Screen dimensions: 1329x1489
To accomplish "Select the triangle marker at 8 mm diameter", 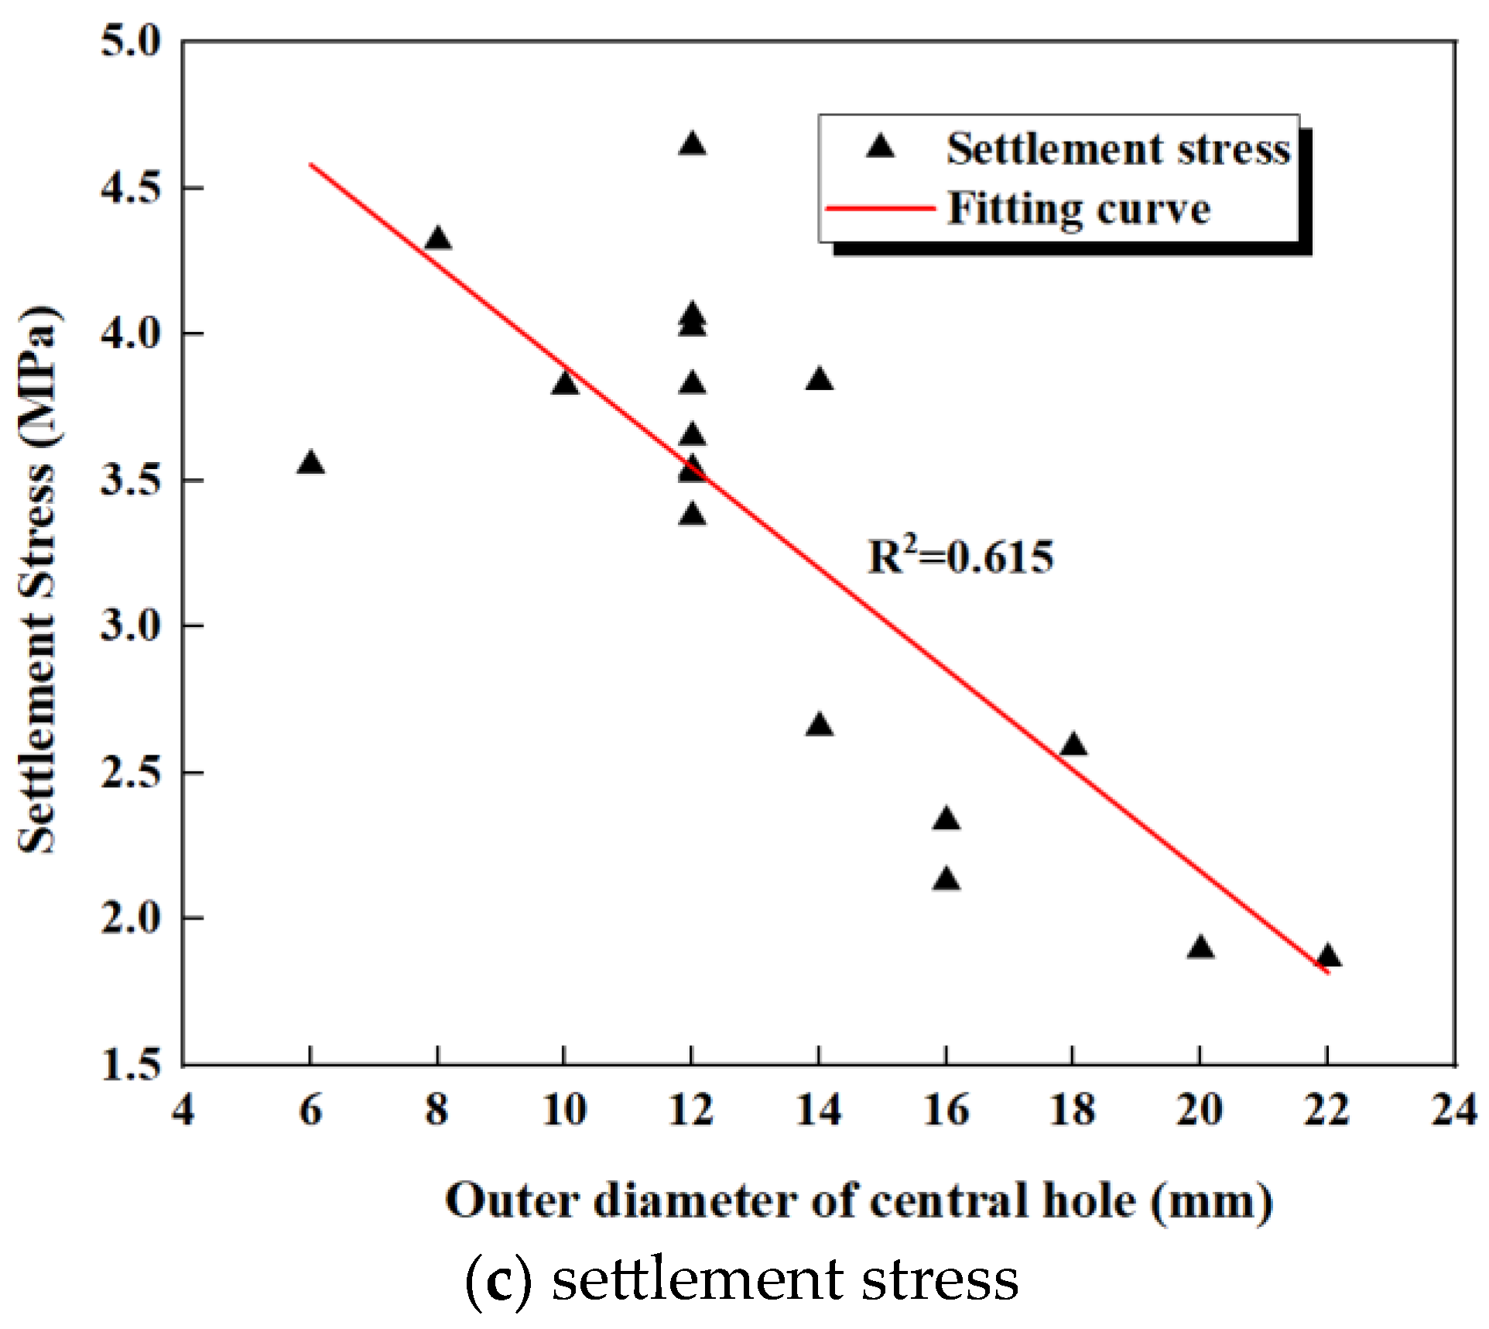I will point(438,239).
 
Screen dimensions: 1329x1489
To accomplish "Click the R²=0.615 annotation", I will point(960,557).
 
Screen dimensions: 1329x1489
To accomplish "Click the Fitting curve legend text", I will point(1079,209).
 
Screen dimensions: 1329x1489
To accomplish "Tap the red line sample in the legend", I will point(880,208).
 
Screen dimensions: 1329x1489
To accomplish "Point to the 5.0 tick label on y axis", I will point(131,40).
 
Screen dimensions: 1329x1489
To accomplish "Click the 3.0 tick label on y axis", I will point(131,625).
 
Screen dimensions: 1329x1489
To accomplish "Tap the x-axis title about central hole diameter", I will point(859,1202).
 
